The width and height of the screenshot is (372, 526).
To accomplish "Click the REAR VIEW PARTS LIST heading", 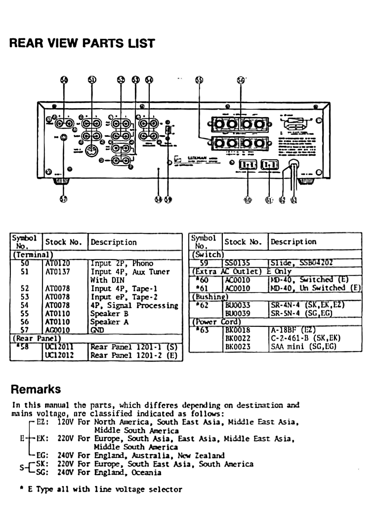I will pyautogui.click(x=82, y=43).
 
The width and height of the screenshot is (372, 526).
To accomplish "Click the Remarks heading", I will pyautogui.click(x=36, y=389).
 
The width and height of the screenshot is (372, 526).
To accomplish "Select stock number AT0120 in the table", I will pyautogui.click(x=58, y=263).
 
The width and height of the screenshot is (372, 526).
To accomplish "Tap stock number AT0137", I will pyautogui.click(x=58, y=272).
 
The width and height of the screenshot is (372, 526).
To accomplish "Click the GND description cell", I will pyautogui.click(x=97, y=330).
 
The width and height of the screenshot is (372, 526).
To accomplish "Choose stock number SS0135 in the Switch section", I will pyautogui.click(x=237, y=263).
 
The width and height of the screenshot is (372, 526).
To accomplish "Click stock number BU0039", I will pyautogui.click(x=238, y=313).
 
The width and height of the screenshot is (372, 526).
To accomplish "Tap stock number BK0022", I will pyautogui.click(x=238, y=338).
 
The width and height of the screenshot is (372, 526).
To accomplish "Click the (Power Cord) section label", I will pyautogui.click(x=217, y=322).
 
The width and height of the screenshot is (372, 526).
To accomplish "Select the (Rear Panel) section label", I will pyautogui.click(x=36, y=338).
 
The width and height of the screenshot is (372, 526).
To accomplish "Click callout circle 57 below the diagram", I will pyautogui.click(x=64, y=199).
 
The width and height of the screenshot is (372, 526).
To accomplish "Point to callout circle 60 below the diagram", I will pyautogui.click(x=248, y=200).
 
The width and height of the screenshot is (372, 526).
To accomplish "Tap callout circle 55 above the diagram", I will pyautogui.click(x=199, y=80).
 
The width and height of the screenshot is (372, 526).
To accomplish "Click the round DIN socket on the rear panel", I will pyautogui.click(x=92, y=151).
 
